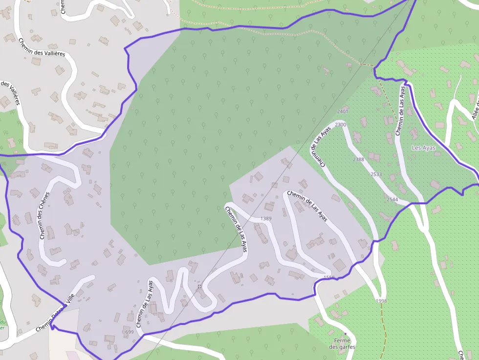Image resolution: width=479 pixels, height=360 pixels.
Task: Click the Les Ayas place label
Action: pyautogui.click(x=423, y=148)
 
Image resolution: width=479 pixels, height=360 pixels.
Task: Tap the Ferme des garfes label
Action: pyautogui.click(x=342, y=343)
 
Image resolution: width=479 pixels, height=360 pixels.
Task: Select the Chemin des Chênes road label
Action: pyautogui.click(x=44, y=215)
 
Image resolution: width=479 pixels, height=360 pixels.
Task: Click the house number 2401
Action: pyautogui.click(x=343, y=112)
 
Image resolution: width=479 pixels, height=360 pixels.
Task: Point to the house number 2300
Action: pyautogui.click(x=341, y=125)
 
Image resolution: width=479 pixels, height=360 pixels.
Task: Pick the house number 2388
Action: pyautogui.click(x=358, y=160)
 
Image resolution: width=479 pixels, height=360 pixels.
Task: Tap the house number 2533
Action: pyautogui.click(x=376, y=174)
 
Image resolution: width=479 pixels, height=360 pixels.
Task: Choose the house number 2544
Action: pyautogui.click(x=392, y=200)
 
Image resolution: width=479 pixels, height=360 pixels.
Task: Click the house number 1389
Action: pyautogui.click(x=266, y=218)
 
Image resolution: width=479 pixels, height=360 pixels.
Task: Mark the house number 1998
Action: pyautogui.click(x=381, y=301)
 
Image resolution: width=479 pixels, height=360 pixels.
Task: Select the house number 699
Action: pyautogui.click(x=129, y=332)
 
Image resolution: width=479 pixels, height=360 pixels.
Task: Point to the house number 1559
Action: pyautogui.click(x=329, y=278)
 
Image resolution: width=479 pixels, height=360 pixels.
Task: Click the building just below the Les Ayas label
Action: pyautogui.click(x=435, y=184)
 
